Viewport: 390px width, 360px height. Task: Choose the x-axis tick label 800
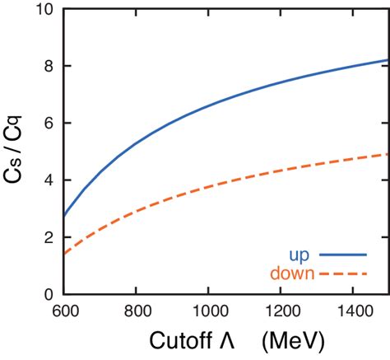(x=136, y=312)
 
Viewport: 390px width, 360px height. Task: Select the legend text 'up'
(x=300, y=254)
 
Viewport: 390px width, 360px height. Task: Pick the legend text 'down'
(x=290, y=272)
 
